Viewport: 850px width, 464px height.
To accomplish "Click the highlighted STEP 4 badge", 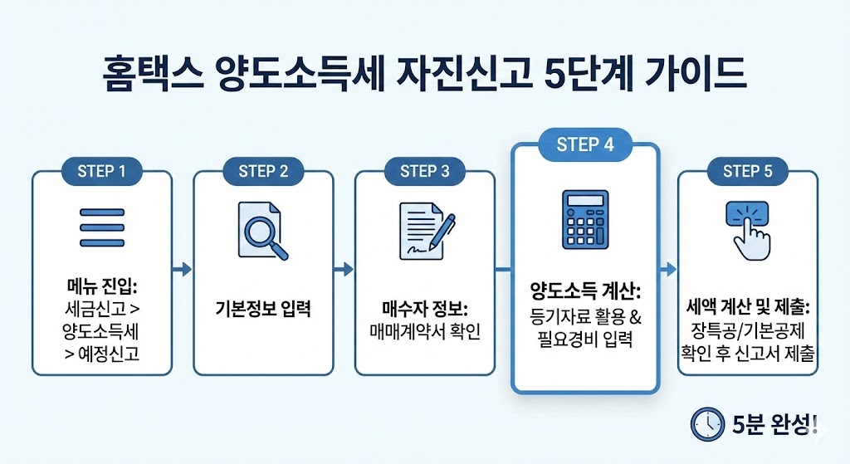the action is coord(585,144).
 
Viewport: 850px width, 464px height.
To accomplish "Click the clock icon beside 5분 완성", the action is coord(706,424).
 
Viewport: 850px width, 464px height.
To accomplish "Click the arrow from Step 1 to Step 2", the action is coord(183,269).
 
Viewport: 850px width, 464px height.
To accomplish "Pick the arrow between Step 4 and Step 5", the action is coord(668,269).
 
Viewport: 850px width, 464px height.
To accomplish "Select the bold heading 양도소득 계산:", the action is coord(585,292).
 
